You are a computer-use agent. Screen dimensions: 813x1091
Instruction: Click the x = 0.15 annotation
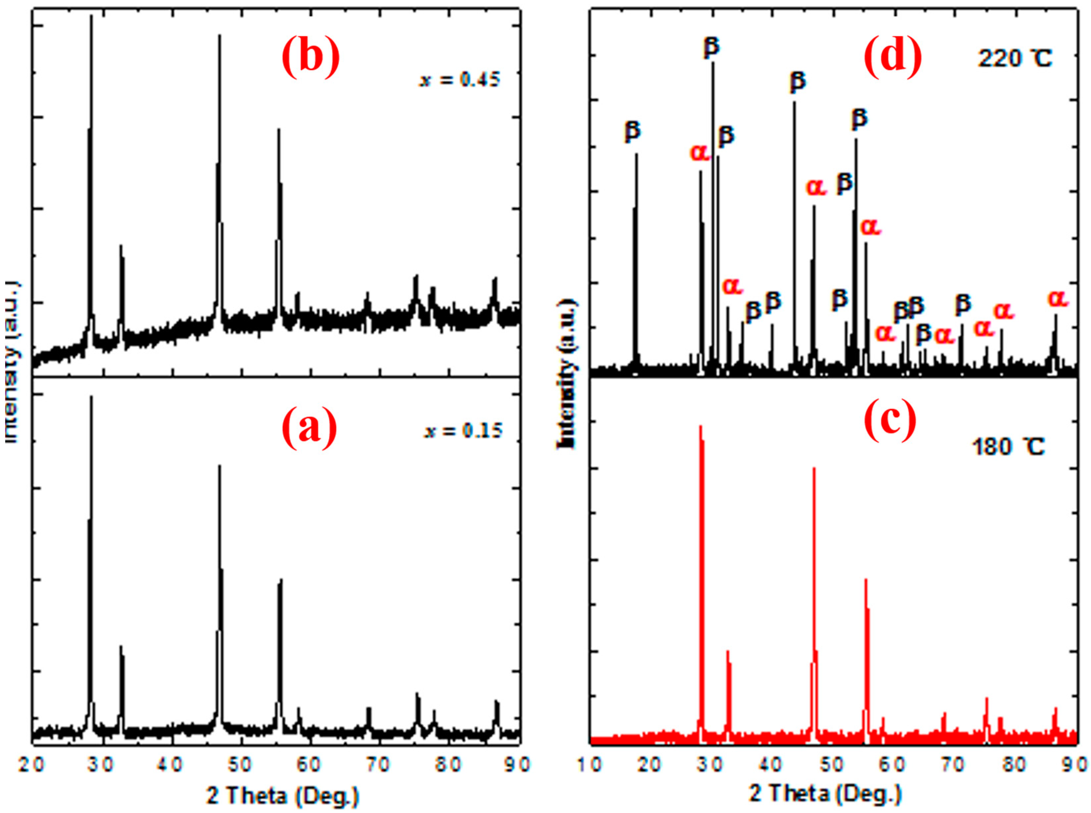463,431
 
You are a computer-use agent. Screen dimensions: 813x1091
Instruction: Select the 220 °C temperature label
1014,59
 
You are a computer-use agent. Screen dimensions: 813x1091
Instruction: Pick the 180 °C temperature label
1007,447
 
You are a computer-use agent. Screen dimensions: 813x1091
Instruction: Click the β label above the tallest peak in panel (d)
711,47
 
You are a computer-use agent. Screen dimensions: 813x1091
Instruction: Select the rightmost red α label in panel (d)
1057,298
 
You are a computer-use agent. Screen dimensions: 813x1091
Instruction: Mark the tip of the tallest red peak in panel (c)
700,426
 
